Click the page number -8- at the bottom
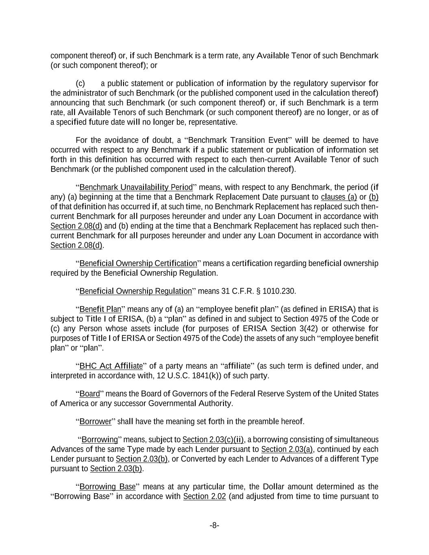(214, 525)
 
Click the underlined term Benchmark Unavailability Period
(136, 187)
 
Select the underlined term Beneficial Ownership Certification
(138, 263)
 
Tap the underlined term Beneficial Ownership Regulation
(135, 291)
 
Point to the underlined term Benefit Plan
(98, 309)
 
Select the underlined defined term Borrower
(95, 422)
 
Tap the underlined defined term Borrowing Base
(107, 487)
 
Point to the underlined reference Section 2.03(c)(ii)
(213, 440)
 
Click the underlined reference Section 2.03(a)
(287, 449)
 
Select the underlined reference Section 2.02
(205, 496)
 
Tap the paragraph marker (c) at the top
(81, 84)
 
